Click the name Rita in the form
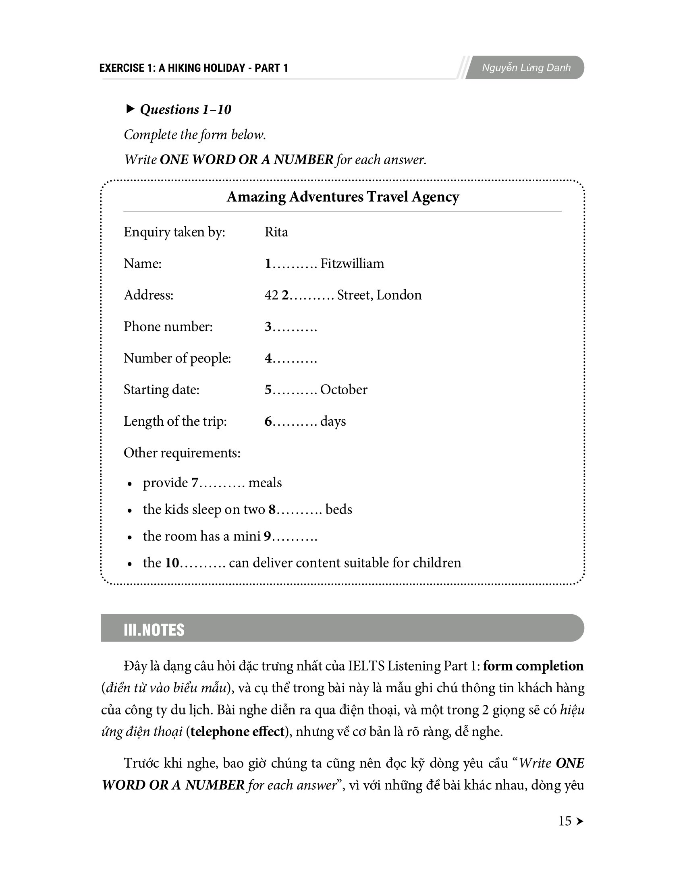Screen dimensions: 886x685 pos(276,232)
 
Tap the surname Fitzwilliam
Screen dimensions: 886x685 pos(352,264)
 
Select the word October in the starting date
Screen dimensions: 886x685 pos(344,390)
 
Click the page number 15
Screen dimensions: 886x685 pos(565,821)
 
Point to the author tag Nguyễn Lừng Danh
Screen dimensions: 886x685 pos(526,68)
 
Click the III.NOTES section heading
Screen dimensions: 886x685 pos(154,630)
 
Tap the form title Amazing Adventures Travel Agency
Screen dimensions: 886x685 pos(342,197)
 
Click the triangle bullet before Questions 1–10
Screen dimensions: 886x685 pos(130,109)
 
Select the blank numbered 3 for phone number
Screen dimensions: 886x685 pos(291,327)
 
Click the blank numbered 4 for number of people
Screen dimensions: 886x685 pos(291,358)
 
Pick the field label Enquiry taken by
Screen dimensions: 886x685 pos(174,232)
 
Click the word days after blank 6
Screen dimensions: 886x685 pos(333,422)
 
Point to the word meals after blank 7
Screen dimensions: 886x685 pos(265,483)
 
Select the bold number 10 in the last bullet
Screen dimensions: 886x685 pos(172,563)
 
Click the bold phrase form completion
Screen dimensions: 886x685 pos(533,666)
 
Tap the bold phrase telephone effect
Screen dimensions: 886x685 pos(237,731)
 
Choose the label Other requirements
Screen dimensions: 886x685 pos(182,453)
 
